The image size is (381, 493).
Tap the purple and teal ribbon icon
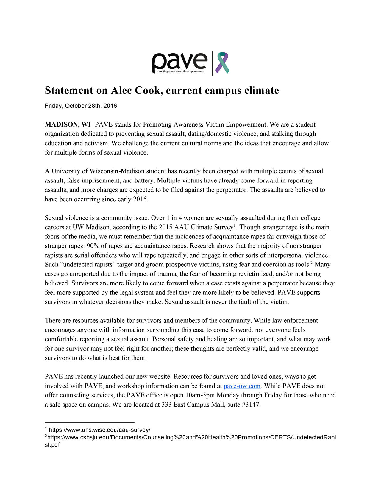coord(222,63)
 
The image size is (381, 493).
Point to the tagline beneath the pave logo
coord(180,71)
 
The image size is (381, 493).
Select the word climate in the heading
coord(262,90)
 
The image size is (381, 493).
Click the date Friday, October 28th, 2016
coord(81,106)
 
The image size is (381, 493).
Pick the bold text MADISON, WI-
coord(69,124)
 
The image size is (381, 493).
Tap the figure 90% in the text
coord(93,246)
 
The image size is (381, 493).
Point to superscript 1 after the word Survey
coord(235,225)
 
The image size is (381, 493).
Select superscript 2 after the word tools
coord(311,263)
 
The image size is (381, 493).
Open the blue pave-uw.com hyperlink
coord(242,386)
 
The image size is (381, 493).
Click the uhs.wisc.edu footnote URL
coord(99,430)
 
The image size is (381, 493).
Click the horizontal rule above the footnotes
coord(90,422)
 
